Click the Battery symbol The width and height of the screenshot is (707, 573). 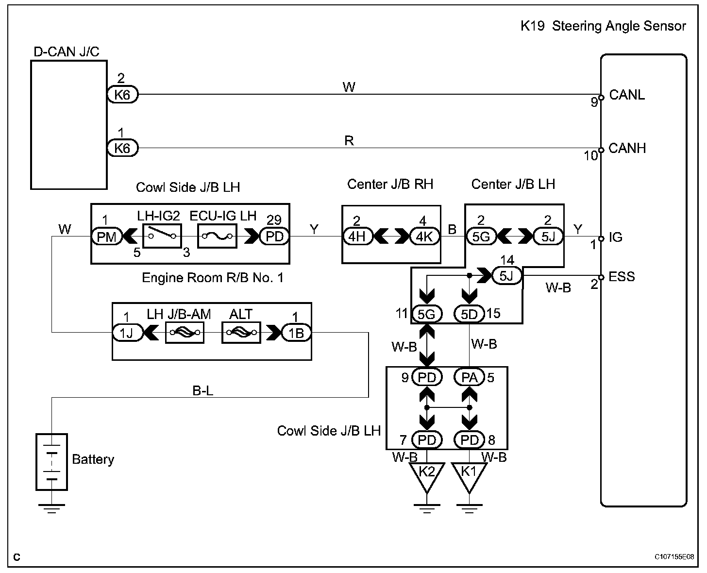tap(51, 462)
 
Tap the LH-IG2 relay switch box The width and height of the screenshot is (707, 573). tap(162, 236)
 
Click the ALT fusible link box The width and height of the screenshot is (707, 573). tap(241, 332)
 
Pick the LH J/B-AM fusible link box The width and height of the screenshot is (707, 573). tap(185, 332)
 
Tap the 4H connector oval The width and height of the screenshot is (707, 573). tap(357, 236)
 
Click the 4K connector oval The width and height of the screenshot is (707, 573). tap(424, 236)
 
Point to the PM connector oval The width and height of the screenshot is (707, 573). tap(107, 236)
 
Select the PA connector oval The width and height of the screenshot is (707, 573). tap(469, 377)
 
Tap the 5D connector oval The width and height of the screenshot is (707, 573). tap(469, 314)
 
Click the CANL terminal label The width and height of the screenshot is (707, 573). tap(626, 95)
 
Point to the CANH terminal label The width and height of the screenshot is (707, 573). tap(627, 148)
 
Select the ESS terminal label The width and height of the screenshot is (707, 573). tap(622, 277)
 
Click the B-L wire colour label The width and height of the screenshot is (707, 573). tap(202, 390)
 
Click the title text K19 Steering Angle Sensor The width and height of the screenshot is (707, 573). tap(603, 26)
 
